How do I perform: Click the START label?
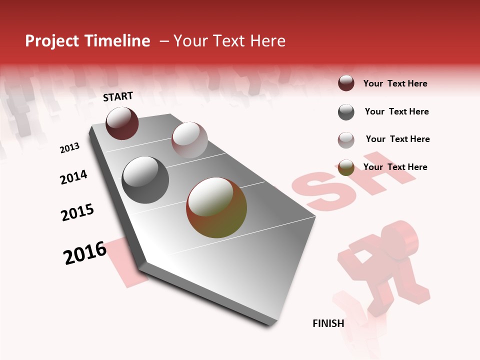point(118,96)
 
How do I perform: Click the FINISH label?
point(328,323)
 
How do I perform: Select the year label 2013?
point(69,148)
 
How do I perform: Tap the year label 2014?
point(73,177)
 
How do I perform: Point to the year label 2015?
point(77,212)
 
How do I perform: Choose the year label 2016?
point(85,252)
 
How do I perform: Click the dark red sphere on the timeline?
point(122,123)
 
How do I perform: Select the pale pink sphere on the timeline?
point(189,139)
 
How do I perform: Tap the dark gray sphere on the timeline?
point(145,180)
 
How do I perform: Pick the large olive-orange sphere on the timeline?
point(216,207)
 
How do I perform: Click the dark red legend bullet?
point(346,83)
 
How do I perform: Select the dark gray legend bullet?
point(346,112)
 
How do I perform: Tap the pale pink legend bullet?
point(346,139)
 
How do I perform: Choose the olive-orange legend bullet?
point(346,167)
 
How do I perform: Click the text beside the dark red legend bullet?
point(395,83)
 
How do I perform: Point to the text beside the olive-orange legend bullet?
point(395,167)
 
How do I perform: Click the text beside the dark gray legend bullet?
point(396,111)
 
